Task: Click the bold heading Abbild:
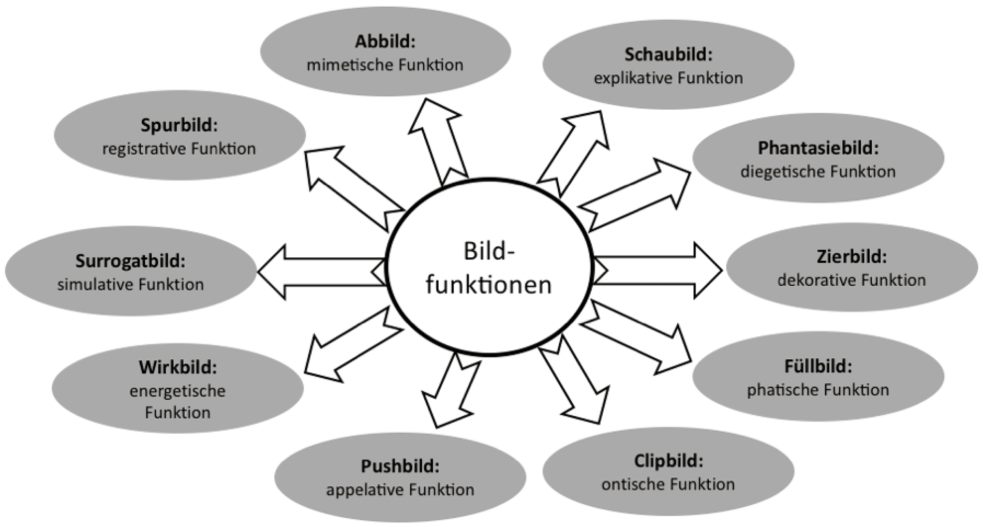click(x=385, y=41)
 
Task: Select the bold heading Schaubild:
click(x=668, y=54)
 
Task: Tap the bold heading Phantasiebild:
click(x=818, y=148)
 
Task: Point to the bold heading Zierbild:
click(x=852, y=257)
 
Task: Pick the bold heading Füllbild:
click(x=818, y=367)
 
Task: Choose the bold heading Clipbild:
click(x=668, y=461)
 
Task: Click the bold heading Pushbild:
click(x=400, y=466)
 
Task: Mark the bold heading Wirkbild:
click(x=177, y=368)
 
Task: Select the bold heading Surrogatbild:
click(x=130, y=261)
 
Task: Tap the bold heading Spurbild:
click(x=179, y=125)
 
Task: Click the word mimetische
click(x=349, y=65)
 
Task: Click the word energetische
click(x=177, y=391)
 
